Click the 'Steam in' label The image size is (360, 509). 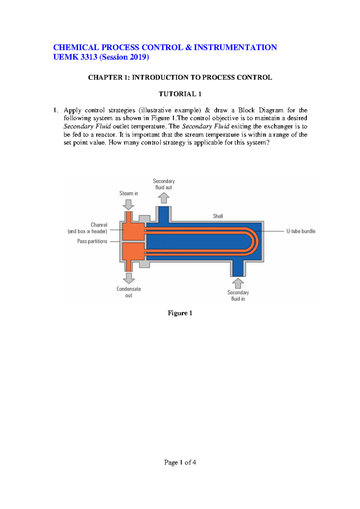tap(128, 194)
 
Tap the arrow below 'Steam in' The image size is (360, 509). tap(128, 204)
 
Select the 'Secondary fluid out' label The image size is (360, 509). tap(164, 184)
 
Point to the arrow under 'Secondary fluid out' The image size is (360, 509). tap(164, 198)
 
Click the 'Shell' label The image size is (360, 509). tap(218, 216)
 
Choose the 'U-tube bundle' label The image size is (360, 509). tap(301, 231)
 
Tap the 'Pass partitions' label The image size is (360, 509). tap(92, 241)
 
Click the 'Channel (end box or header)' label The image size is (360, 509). tap(88, 228)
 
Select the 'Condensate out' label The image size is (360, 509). tap(129, 292)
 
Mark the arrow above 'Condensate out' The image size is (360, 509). tap(129, 278)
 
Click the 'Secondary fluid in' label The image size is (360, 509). tap(238, 296)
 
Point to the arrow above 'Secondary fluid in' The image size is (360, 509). tap(238, 283)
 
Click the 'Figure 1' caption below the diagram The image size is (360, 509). tap(180, 313)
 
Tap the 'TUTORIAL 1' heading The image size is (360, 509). tap(180, 94)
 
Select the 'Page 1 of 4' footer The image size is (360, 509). tap(180, 463)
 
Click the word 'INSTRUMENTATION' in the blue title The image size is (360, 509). tap(235, 47)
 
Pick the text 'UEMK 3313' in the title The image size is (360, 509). tap(75, 57)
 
